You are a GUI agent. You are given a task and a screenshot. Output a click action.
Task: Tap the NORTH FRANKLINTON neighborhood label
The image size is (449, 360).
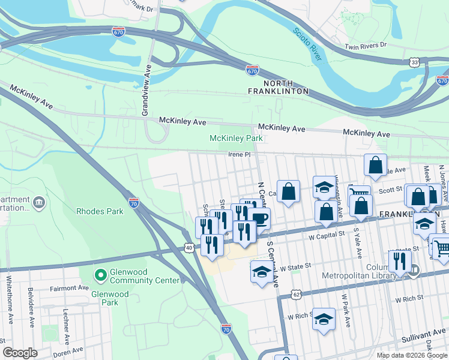[279, 86]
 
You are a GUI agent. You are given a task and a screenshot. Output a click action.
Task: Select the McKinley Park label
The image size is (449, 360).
[236, 139]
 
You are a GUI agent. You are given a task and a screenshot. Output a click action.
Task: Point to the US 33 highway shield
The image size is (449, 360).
[414, 62]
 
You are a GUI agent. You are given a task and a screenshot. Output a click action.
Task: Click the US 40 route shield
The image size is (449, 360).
[189, 247]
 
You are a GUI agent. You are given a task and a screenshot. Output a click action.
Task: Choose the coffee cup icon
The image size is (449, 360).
[259, 218]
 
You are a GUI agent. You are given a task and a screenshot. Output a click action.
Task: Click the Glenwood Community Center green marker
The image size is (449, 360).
[100, 275]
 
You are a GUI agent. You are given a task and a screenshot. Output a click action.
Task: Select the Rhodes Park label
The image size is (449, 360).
[100, 211]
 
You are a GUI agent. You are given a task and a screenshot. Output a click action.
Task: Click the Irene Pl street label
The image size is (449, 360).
[238, 154]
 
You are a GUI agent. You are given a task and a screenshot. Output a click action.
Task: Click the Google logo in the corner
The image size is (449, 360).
[20, 353]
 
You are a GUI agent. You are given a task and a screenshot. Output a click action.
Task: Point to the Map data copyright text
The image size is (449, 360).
[411, 355]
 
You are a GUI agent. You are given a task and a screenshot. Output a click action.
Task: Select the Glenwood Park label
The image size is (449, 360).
[110, 295]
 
